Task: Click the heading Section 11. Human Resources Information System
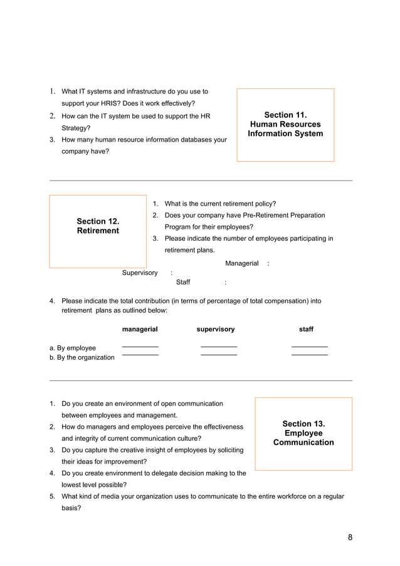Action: tap(285, 124)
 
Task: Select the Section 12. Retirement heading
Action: tap(98, 226)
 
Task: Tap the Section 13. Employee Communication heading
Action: tap(303, 433)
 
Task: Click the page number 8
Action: tap(350, 538)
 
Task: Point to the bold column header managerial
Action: tap(140, 329)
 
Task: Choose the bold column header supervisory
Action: tap(216, 329)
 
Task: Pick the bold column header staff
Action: tap(306, 329)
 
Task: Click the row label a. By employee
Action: tap(73, 348)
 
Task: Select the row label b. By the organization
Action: tap(82, 357)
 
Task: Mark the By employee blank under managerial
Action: tap(140, 347)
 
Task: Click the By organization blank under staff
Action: tap(309, 355)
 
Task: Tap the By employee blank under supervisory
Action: tap(218, 347)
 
